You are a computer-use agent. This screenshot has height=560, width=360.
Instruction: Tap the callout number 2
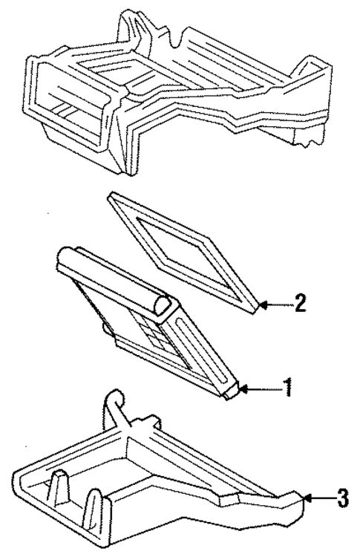299,304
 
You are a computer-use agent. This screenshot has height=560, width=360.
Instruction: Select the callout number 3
341,498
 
